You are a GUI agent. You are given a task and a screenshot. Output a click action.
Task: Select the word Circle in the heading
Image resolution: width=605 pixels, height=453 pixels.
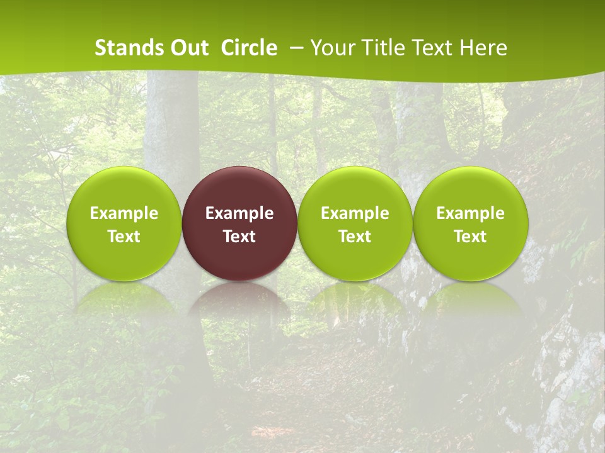249,48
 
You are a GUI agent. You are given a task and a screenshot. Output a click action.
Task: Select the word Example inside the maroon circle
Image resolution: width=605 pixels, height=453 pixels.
239,213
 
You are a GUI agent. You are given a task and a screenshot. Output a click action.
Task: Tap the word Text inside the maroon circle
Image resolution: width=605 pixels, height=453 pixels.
239,237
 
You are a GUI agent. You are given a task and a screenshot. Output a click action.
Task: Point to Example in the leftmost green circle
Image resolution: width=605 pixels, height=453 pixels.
124,213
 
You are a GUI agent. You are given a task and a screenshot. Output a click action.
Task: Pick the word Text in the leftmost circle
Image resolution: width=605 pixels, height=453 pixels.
124,237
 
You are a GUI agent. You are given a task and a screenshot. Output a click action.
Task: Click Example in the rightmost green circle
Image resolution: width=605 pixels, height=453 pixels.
471,213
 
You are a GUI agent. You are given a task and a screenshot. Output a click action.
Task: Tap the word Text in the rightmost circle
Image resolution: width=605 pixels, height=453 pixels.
471,237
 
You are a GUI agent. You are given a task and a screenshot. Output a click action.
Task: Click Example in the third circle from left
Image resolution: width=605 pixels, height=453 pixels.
355,213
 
